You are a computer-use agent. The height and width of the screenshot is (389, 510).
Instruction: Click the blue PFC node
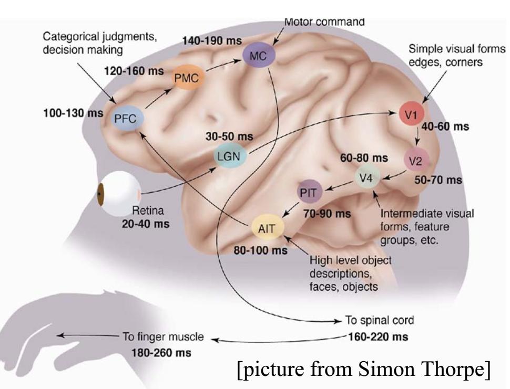tap(125, 119)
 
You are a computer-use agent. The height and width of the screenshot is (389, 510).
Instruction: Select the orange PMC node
tap(187, 78)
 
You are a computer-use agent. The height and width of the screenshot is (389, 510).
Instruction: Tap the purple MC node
tap(256, 56)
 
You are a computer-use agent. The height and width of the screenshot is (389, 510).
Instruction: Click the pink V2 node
tap(415, 161)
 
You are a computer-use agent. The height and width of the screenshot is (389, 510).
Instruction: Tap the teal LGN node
tap(229, 156)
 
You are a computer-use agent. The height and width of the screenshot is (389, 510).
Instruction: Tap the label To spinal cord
tap(373, 320)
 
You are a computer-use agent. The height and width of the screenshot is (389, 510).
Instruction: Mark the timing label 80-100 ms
tap(261, 250)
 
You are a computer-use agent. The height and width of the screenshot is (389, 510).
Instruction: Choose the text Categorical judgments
tap(99, 39)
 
